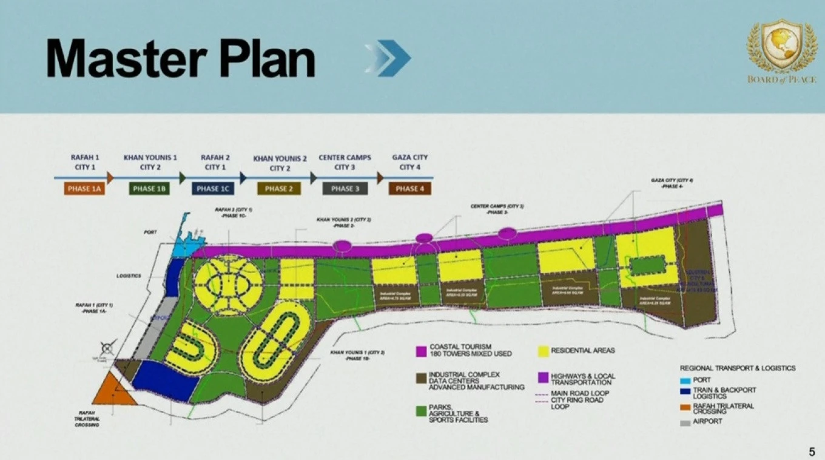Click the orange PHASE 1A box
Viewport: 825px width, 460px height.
(x=84, y=189)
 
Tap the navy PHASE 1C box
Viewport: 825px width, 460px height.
(x=212, y=189)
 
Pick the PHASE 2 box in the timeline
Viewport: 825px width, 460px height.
(x=278, y=189)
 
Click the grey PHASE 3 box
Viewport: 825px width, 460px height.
(x=345, y=189)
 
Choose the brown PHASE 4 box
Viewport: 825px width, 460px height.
(x=409, y=189)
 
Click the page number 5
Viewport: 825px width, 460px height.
(x=812, y=451)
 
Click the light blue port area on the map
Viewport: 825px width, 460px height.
(x=183, y=247)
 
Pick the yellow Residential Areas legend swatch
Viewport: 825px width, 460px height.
(x=543, y=351)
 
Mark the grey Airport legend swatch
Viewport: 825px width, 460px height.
(x=685, y=421)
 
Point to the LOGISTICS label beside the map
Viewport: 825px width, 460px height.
(x=129, y=276)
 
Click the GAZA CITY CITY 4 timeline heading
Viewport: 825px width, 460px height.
(x=409, y=162)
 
